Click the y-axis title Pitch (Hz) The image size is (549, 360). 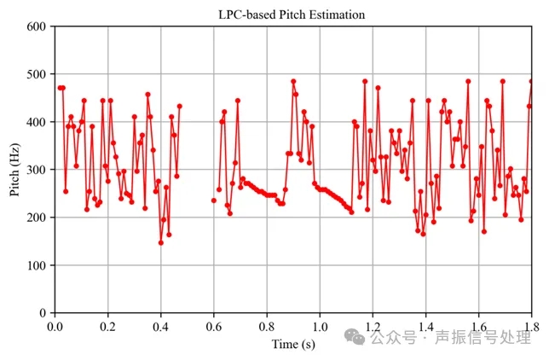click(14, 169)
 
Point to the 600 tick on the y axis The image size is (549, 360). click(37, 26)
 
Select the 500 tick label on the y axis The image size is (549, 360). click(37, 74)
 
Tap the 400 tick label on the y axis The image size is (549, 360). click(37, 122)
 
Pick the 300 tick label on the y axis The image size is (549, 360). click(37, 170)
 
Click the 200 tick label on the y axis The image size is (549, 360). click(37, 218)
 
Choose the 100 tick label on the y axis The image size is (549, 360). click(37, 265)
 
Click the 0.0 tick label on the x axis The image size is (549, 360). click(55, 326)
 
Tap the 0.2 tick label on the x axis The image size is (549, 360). click(108, 326)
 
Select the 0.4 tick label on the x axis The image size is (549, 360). click(161, 326)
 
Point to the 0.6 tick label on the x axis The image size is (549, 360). click(214, 326)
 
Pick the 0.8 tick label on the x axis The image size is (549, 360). click(267, 326)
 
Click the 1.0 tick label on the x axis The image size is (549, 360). click(320, 326)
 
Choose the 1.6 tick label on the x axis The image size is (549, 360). click(478, 326)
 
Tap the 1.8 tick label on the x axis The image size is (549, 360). click(529, 326)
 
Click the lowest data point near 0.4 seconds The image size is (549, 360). click(160, 242)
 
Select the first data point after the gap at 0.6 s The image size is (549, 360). click(214, 200)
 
